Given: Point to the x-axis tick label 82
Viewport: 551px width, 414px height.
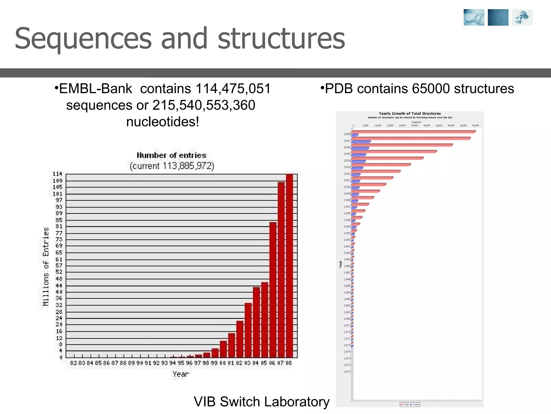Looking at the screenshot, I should coord(73,363).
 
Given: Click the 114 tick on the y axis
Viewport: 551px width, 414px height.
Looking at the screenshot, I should coord(57,174).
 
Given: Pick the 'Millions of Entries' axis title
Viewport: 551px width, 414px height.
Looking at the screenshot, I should coord(46,267).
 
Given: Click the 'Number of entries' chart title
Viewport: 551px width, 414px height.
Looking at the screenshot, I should coord(171,155).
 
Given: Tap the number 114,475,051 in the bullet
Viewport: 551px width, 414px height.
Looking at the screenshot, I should coord(233,89).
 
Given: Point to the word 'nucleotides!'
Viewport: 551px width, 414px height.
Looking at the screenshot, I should coord(163,122).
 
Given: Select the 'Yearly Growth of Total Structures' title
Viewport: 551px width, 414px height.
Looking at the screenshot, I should coord(410,113).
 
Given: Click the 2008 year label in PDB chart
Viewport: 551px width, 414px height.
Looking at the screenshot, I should coord(347,134).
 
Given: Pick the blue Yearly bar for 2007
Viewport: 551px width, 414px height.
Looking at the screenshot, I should coord(361,142).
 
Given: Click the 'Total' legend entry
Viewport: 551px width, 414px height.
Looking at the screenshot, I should coord(405,405).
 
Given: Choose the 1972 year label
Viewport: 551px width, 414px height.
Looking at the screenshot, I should coord(347,372).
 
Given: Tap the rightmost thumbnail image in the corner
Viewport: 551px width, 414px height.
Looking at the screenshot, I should coord(522,18).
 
